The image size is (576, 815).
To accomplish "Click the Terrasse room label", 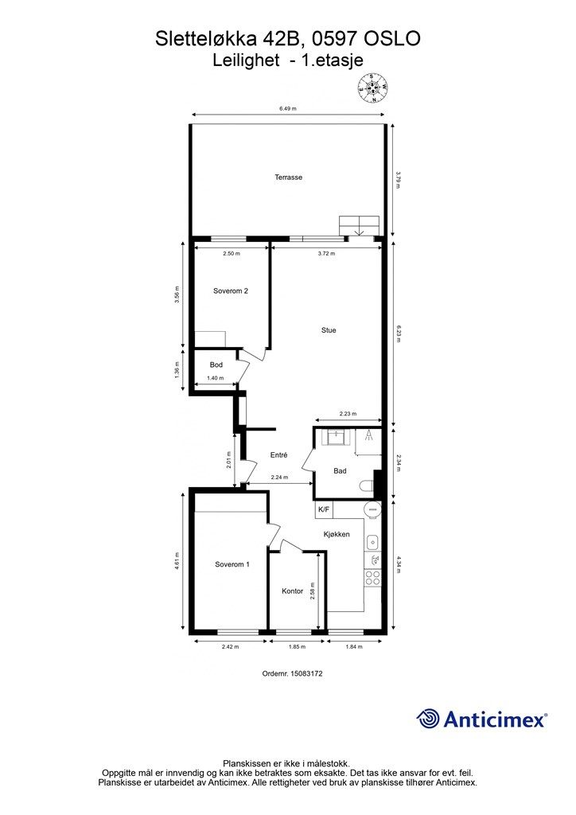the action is pos(288,177).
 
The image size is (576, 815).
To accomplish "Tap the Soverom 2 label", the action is pos(231,291).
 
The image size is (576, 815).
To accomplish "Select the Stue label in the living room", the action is pos(329,330).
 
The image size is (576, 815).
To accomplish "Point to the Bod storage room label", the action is pos(216,365).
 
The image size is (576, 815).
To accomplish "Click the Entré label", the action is pos(279,454).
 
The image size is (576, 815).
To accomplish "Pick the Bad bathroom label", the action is pos(341,471).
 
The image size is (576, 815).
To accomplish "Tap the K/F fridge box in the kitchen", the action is pos(324,509).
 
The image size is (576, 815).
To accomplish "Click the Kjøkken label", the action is pos(337,534).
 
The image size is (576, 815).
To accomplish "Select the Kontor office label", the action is pos(293,591).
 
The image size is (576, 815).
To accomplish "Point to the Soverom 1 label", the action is pos(232,564).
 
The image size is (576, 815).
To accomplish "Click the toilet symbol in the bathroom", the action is pos(368,486).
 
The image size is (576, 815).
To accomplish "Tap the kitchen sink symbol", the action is pos(372,543).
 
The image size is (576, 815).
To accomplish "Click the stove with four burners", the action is pos(372,578).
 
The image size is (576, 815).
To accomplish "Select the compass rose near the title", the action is pos(372,88).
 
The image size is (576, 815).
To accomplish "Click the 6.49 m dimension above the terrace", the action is pos(288,108).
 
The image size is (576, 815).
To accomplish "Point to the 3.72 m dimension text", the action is pos(326,254).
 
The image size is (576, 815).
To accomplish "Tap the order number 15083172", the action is pos(293,673).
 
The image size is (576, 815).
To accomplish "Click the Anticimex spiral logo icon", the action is pos(427,719).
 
